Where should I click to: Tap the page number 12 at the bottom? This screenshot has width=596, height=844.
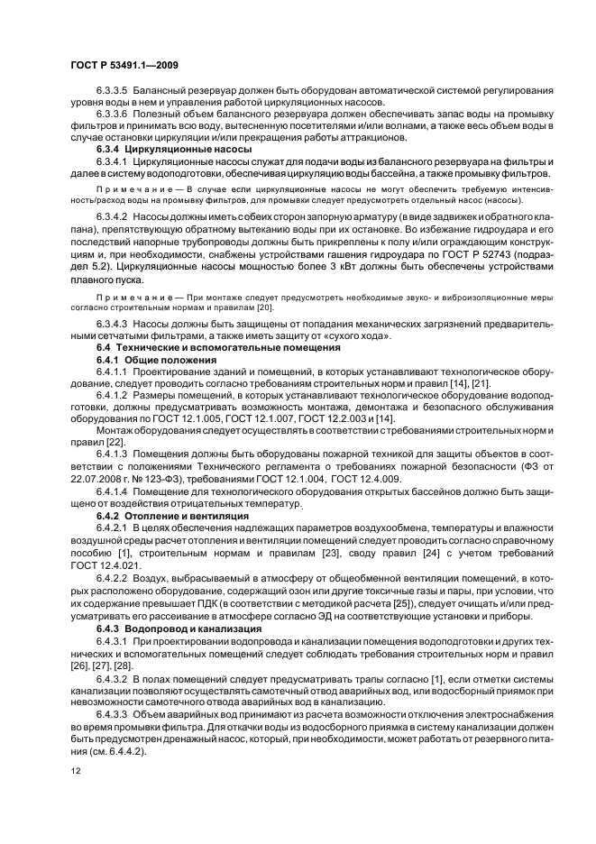click(76, 771)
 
